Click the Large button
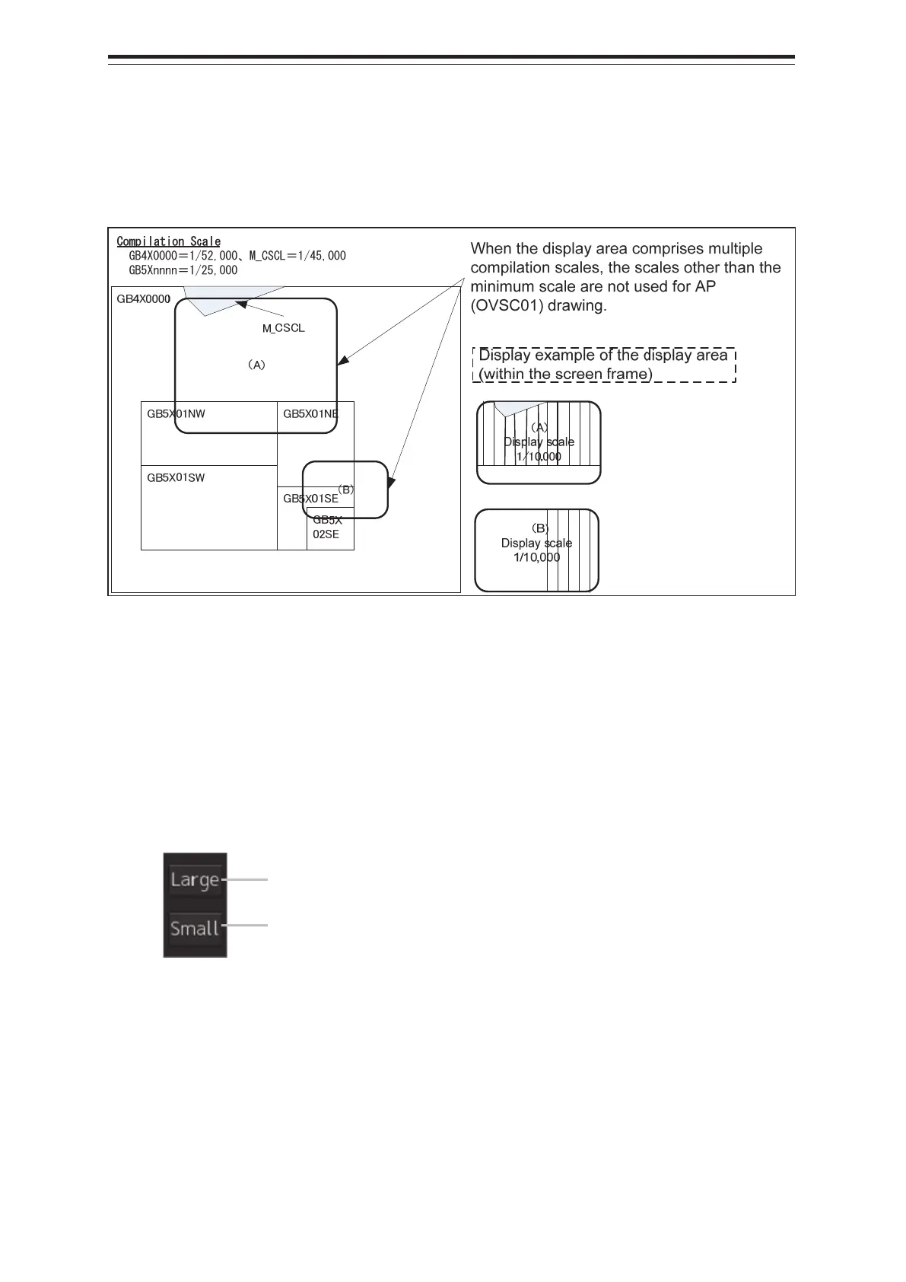click(196, 879)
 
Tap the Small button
click(196, 928)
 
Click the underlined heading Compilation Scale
click(168, 241)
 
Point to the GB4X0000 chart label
click(143, 299)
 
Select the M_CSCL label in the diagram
click(283, 328)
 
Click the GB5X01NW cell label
click(176, 414)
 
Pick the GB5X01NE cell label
click(310, 414)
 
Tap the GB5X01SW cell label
click(176, 478)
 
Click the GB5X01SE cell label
click(310, 499)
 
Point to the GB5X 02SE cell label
click(327, 527)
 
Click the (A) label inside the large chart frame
click(256, 365)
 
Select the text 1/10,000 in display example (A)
click(539, 457)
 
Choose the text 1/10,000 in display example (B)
click(536, 557)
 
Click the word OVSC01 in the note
click(505, 306)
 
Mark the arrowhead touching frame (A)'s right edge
click(342, 360)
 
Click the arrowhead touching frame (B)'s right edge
click(392, 483)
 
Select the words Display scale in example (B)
click(536, 543)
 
